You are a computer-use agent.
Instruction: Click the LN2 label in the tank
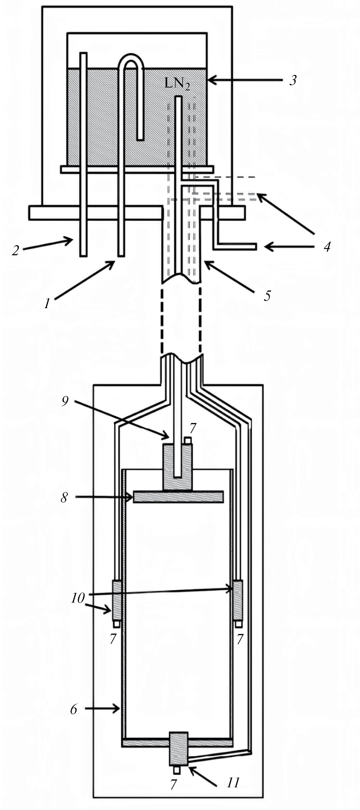click(177, 84)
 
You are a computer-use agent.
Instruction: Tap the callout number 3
click(293, 80)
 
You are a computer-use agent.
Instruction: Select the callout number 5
click(267, 296)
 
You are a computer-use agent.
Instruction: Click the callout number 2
click(15, 250)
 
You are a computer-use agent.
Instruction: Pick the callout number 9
click(65, 401)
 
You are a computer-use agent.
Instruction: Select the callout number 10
click(78, 598)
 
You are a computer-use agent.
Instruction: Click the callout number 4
click(327, 247)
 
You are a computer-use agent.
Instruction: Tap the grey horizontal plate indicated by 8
click(178, 497)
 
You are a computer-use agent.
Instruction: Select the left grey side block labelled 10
click(117, 600)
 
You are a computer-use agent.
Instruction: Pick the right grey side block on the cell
click(238, 600)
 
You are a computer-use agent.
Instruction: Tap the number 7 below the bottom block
click(174, 784)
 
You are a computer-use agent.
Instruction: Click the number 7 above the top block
click(193, 428)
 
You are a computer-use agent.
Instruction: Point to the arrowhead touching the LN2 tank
click(212, 80)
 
